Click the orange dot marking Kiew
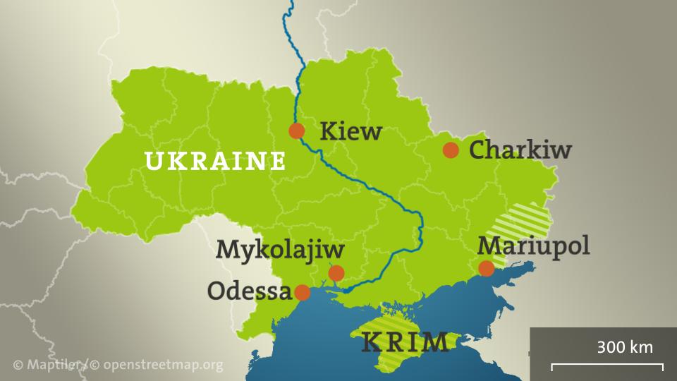[297, 131]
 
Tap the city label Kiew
[350, 132]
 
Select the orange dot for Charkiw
[451, 150]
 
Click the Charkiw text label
[520, 150]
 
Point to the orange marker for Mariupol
[487, 268]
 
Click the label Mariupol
[533, 246]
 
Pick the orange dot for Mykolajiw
[336, 273]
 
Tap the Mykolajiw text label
[280, 249]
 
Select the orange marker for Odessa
[302, 292]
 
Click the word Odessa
[249, 291]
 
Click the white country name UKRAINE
[215, 162]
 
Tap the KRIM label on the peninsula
[405, 342]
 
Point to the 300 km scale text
[624, 347]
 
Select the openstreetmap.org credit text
[163, 365]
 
